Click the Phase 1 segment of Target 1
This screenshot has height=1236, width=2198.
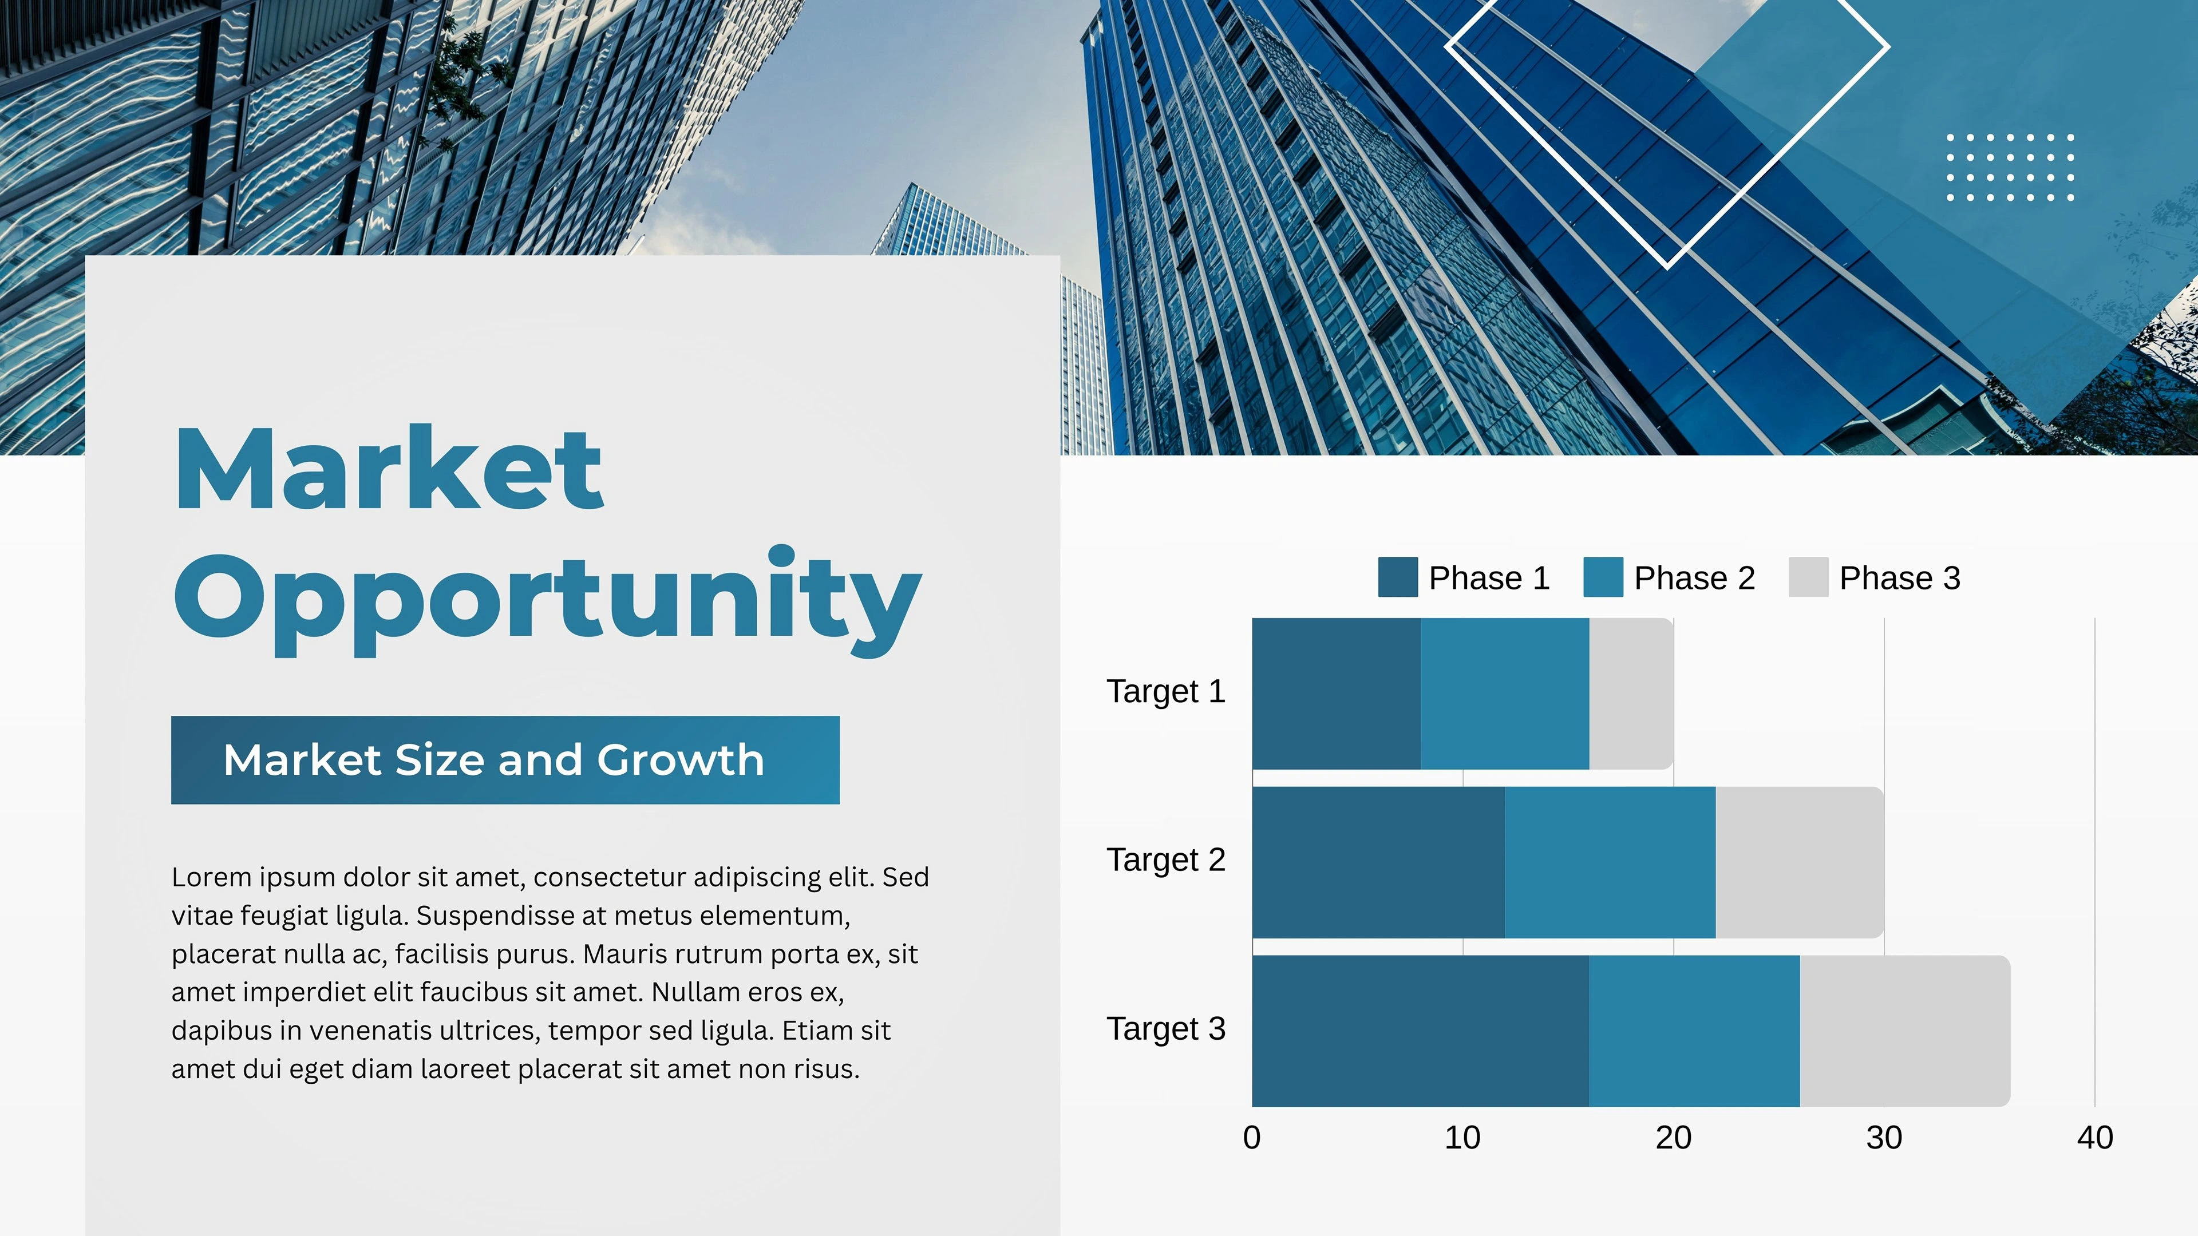click(1336, 694)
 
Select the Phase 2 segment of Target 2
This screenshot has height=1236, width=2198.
click(1610, 862)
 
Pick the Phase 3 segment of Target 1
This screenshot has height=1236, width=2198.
click(1631, 694)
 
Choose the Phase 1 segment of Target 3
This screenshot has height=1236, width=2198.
click(1421, 1031)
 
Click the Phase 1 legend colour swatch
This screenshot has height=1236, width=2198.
click(1398, 577)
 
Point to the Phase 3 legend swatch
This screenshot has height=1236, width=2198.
click(1809, 577)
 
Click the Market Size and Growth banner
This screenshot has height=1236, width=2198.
click(505, 760)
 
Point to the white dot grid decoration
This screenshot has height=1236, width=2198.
click(2010, 167)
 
